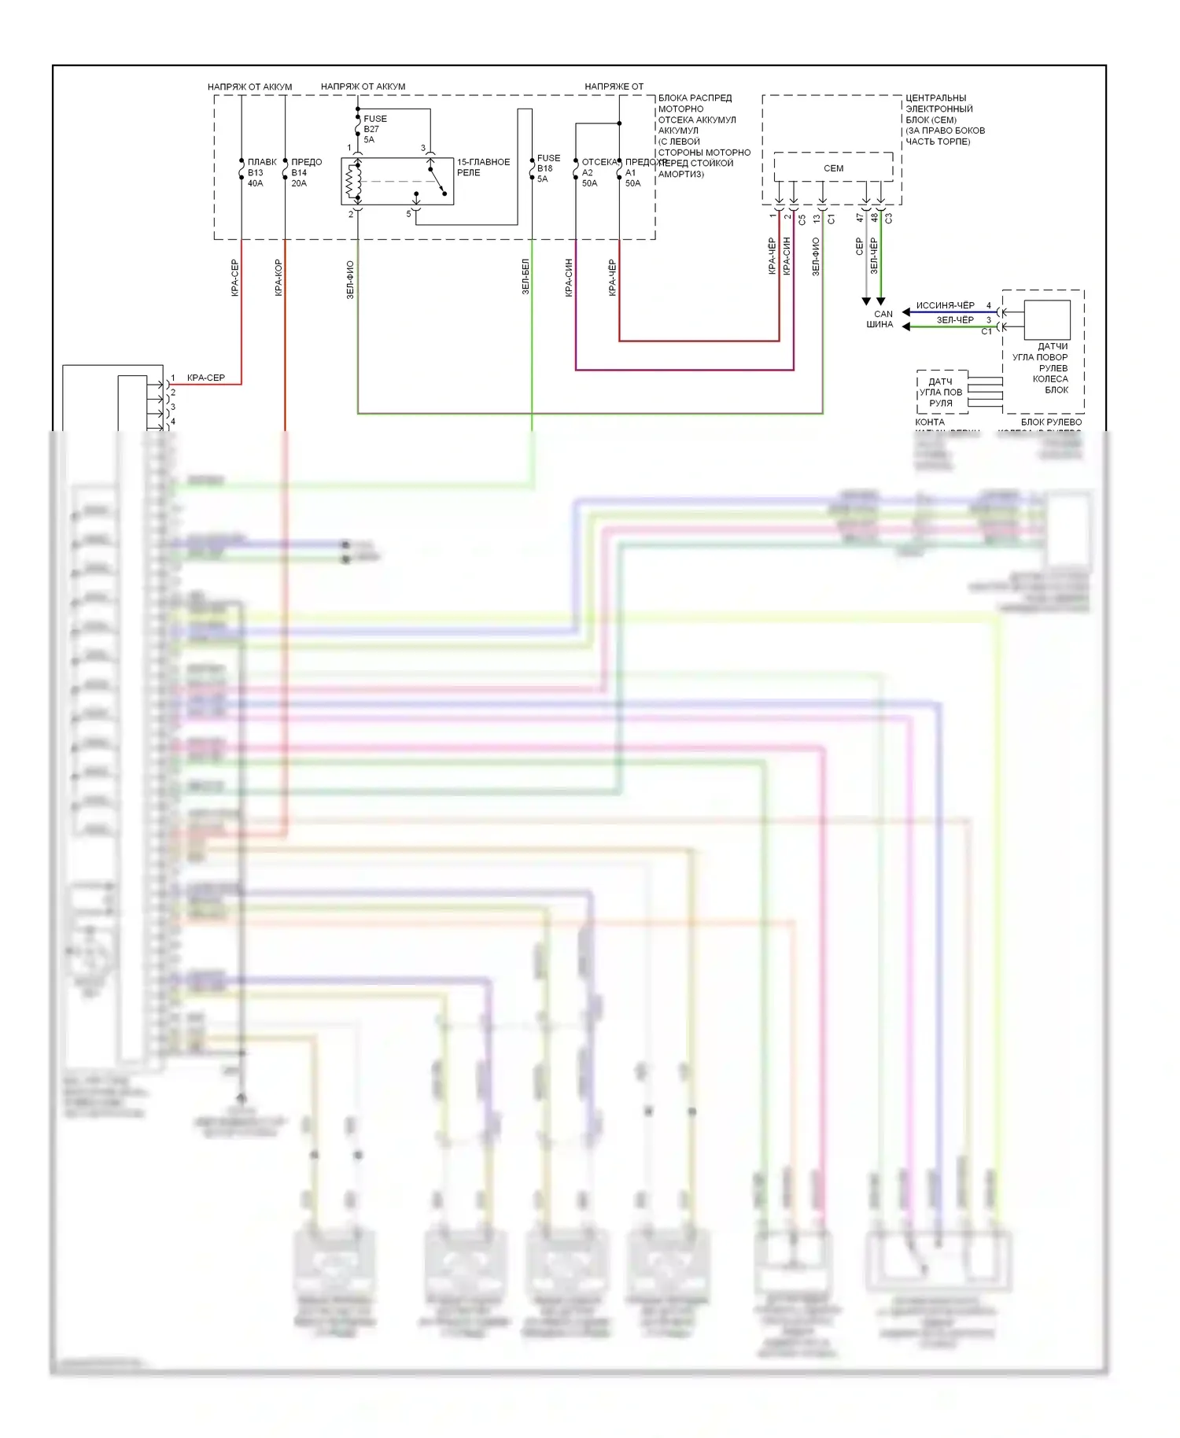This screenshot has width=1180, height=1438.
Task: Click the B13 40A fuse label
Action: tap(256, 173)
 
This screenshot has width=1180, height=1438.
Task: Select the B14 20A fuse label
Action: tap(301, 173)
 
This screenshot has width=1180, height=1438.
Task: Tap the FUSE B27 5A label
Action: tap(374, 129)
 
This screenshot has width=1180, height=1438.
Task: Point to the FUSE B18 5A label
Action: tap(548, 168)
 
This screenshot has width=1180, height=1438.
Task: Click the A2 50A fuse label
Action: tap(589, 178)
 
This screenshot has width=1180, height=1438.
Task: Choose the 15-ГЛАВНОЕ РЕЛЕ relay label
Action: tap(483, 167)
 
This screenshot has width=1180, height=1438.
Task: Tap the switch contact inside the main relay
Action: tap(437, 181)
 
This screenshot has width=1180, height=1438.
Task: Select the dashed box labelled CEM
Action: tap(833, 168)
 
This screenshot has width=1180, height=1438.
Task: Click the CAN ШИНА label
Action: tap(881, 319)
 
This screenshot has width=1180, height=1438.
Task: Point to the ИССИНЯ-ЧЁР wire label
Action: tap(945, 305)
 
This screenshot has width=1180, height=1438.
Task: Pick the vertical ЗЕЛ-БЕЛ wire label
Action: tap(525, 277)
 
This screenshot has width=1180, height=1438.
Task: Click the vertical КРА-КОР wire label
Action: tap(278, 277)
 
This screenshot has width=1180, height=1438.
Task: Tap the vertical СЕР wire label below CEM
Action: tap(859, 246)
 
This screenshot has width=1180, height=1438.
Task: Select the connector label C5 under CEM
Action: tap(802, 219)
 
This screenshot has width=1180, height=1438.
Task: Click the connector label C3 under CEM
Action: tap(889, 218)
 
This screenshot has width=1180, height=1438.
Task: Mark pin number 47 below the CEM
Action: tap(860, 218)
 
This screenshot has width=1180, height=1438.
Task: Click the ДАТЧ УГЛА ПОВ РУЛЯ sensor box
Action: tap(941, 392)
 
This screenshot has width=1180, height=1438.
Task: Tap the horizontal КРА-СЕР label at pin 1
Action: tap(206, 378)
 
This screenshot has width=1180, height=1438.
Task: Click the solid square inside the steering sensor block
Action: tap(1047, 320)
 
